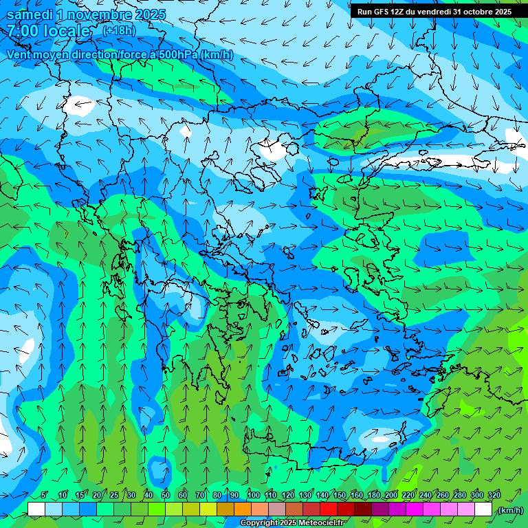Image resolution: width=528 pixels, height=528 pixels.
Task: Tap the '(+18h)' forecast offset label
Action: pos(119,30)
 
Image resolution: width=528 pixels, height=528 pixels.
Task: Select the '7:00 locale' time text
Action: pos(48,31)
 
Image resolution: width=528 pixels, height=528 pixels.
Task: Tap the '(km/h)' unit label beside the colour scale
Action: pos(509,510)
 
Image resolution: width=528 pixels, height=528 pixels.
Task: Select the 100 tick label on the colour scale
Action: pos(253,496)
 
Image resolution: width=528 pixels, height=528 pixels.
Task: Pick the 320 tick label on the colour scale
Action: pos(493,496)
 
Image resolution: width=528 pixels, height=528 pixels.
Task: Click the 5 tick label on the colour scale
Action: pos(44,496)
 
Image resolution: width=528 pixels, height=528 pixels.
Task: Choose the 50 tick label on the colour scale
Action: pos(166,496)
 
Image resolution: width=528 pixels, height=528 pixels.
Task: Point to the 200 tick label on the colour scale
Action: pos(390,496)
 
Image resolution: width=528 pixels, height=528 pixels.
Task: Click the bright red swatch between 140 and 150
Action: pos(329,509)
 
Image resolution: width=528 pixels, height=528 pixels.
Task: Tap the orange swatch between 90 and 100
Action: pos(243,509)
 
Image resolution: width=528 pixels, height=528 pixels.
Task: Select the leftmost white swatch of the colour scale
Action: pos(36,509)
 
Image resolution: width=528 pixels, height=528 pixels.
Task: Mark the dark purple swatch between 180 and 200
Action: pos(381,509)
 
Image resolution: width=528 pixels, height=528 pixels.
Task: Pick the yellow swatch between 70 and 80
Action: pos(208,509)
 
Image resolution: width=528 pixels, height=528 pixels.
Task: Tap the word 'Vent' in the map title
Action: pos(20,55)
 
